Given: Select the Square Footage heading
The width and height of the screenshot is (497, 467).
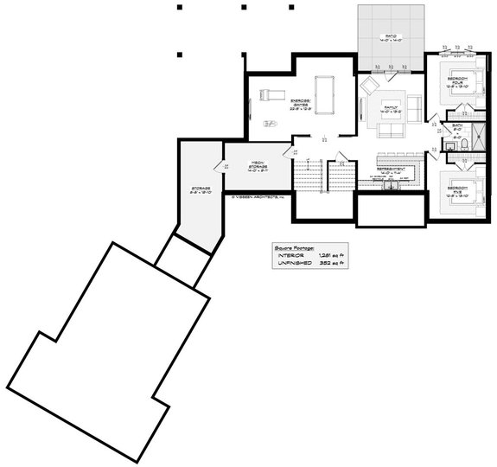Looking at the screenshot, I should click(x=296, y=246).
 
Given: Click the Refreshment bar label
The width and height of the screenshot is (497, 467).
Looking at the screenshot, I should click(x=392, y=171).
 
